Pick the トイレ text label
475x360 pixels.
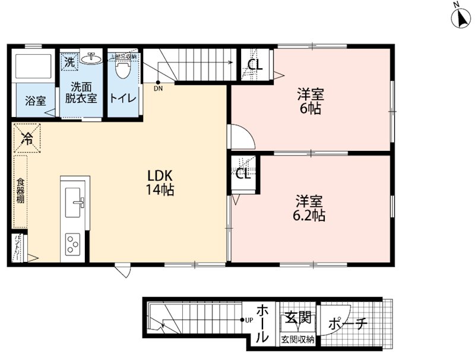coord(123,99)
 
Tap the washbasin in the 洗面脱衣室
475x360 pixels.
coord(93,59)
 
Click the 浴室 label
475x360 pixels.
coord(35,101)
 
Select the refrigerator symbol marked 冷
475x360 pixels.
coord(27,138)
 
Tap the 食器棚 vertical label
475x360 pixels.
coord(20,191)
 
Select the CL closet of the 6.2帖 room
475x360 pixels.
coord(243,173)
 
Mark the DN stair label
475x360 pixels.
coord(158,89)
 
